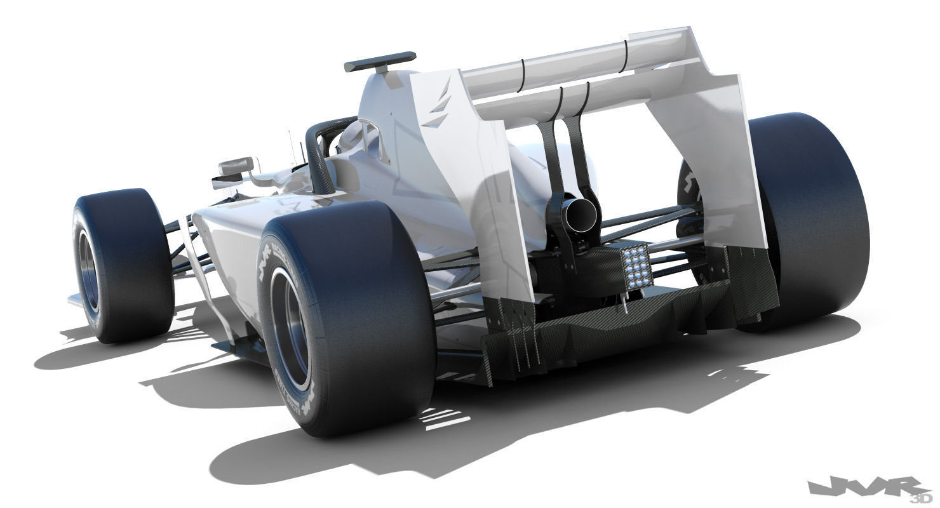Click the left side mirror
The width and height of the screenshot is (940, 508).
[236, 168]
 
